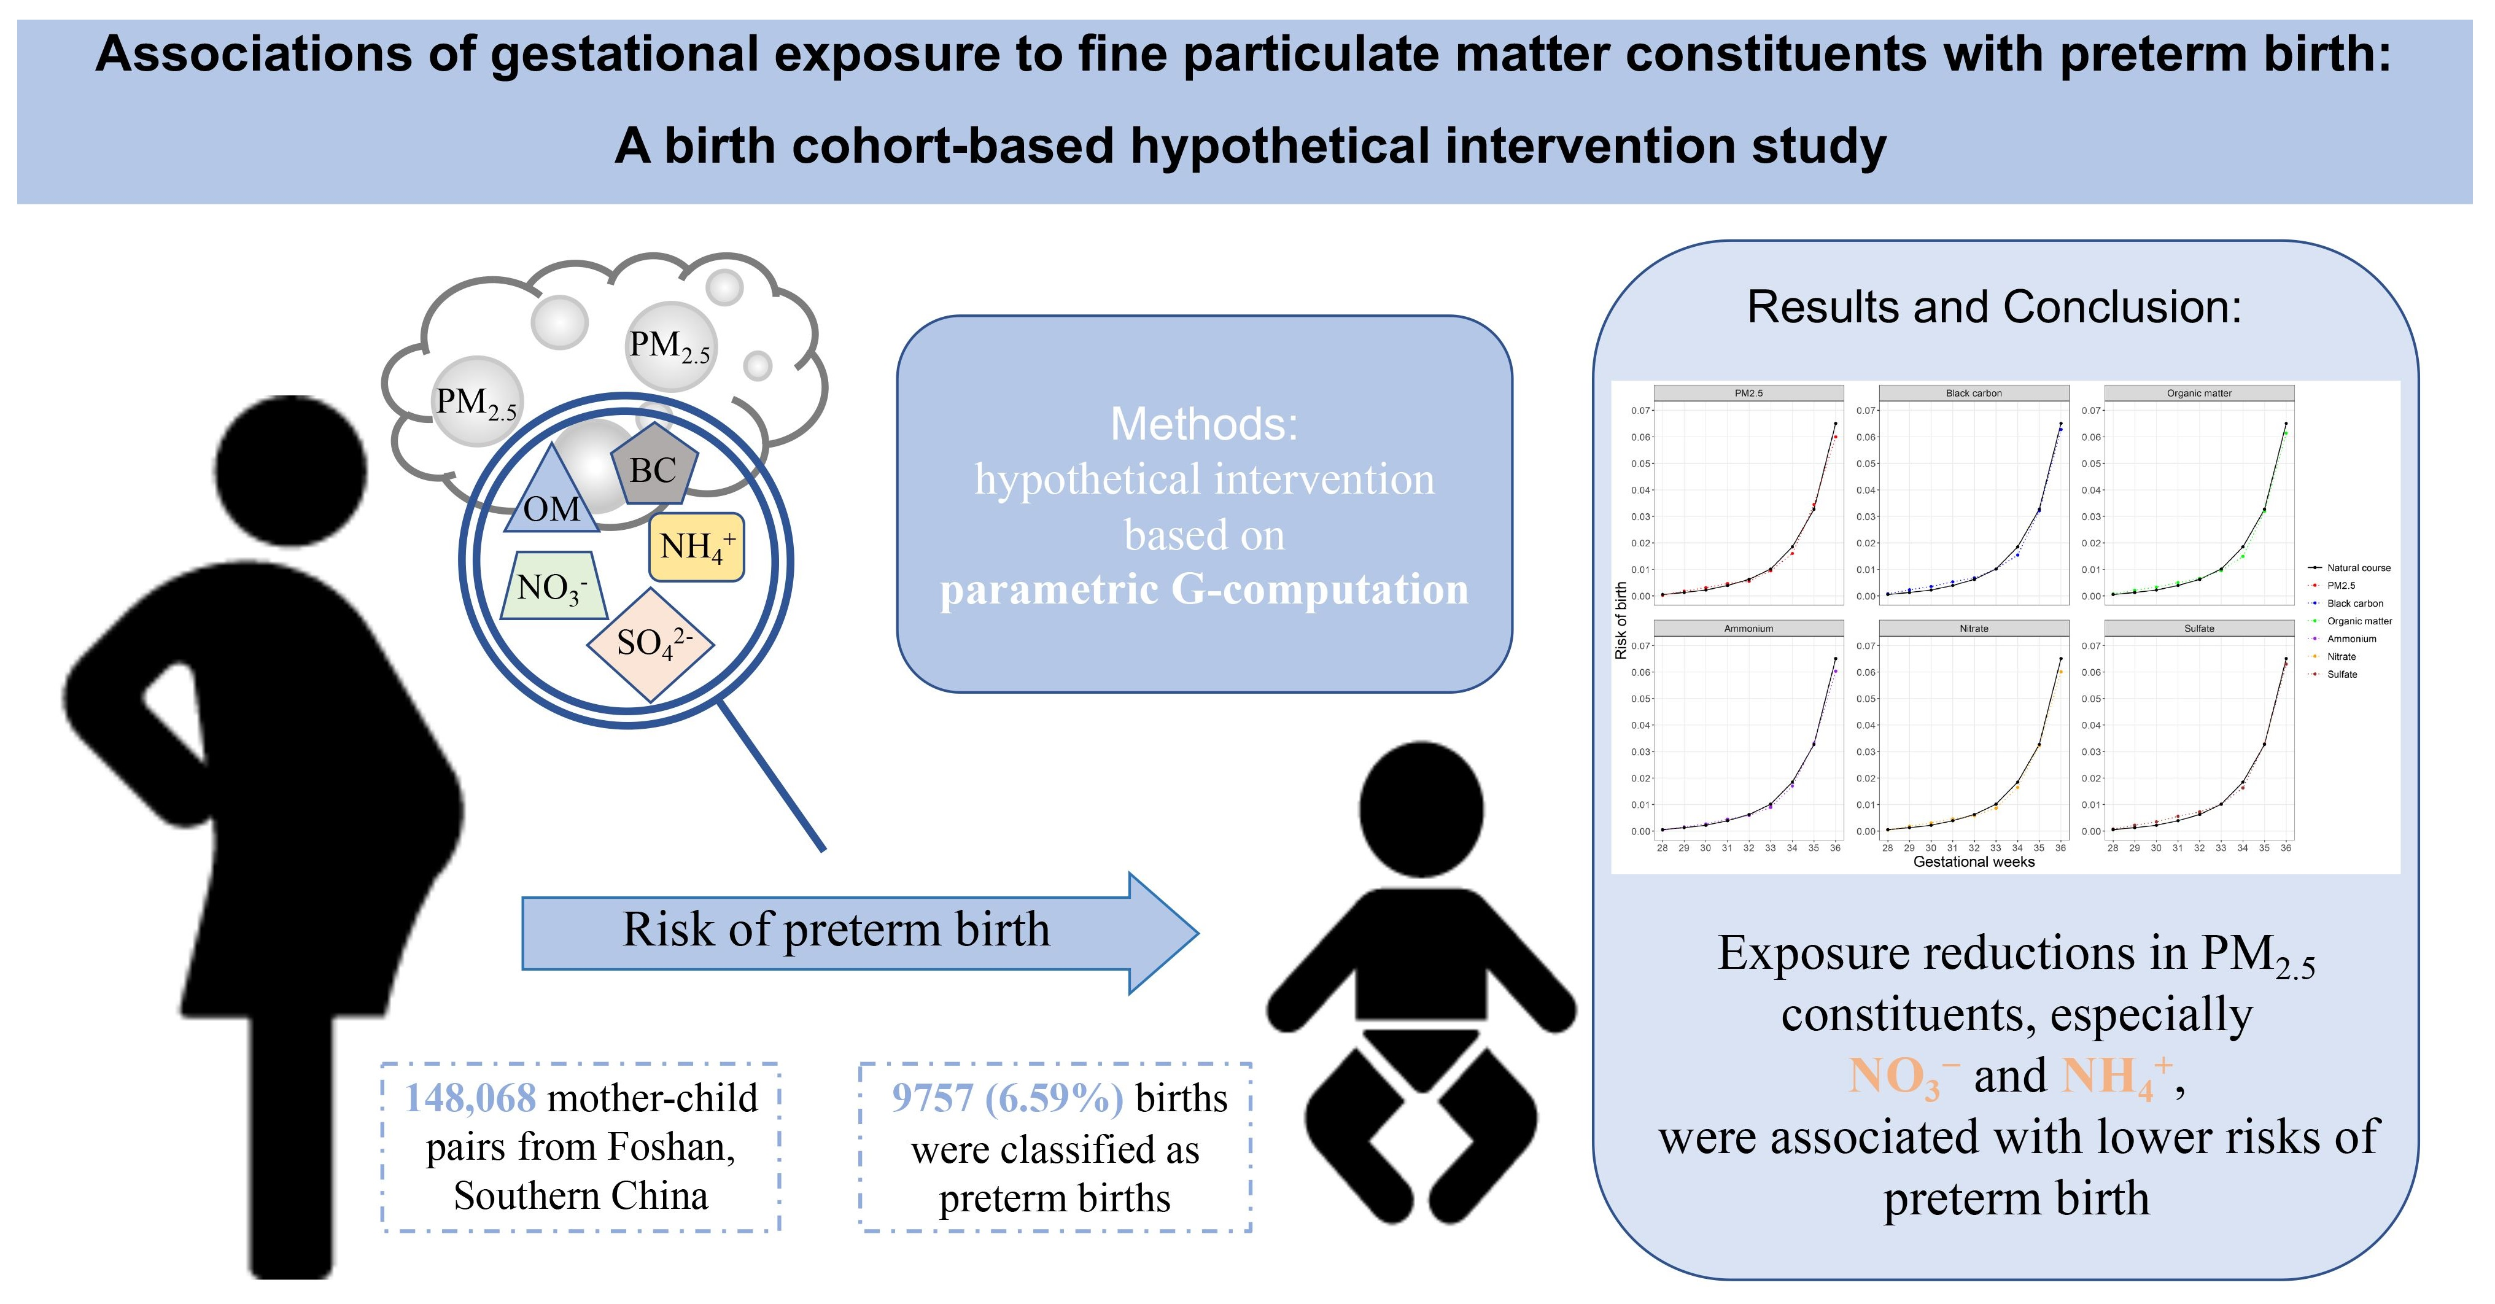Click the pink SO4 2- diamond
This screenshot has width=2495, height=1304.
pos(651,643)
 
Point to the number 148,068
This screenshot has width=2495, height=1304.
pos(470,1098)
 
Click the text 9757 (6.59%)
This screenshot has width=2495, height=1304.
pos(1007,1098)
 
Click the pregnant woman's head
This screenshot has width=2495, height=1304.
pos(290,472)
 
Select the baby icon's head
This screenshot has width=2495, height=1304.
pos(1421,810)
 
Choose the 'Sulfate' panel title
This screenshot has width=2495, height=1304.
pos(2198,629)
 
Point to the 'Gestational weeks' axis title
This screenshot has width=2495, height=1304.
pos(1973,862)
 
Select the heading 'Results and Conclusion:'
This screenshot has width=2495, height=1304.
pos(1994,307)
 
